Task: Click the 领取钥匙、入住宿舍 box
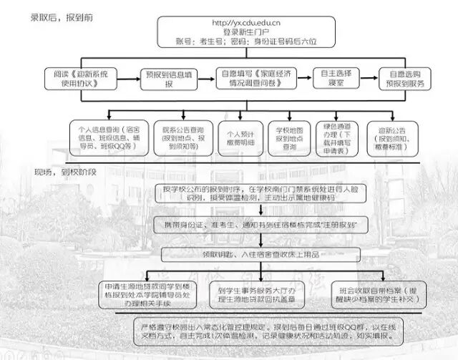[x=239, y=253]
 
